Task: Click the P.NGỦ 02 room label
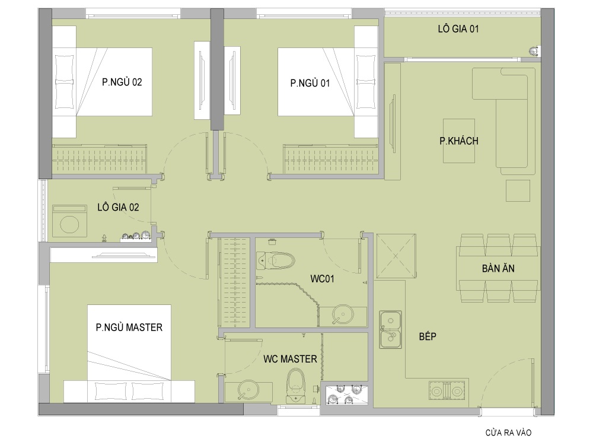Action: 122,82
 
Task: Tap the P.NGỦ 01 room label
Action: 310,83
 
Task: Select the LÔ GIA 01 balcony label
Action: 458,28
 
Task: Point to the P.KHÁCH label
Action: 459,141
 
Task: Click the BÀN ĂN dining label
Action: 498,268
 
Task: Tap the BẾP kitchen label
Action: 428,336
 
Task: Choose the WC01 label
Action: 322,279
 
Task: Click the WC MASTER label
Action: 290,359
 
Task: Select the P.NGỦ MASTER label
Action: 129,327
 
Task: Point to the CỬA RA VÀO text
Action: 508,432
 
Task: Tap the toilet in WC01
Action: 275,260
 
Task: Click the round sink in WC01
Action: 343,314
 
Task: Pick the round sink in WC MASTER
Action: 248,390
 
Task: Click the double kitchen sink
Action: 390,329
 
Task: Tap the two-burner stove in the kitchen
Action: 447,390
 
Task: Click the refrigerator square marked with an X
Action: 396,256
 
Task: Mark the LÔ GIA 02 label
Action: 118,207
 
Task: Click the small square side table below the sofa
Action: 518,190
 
